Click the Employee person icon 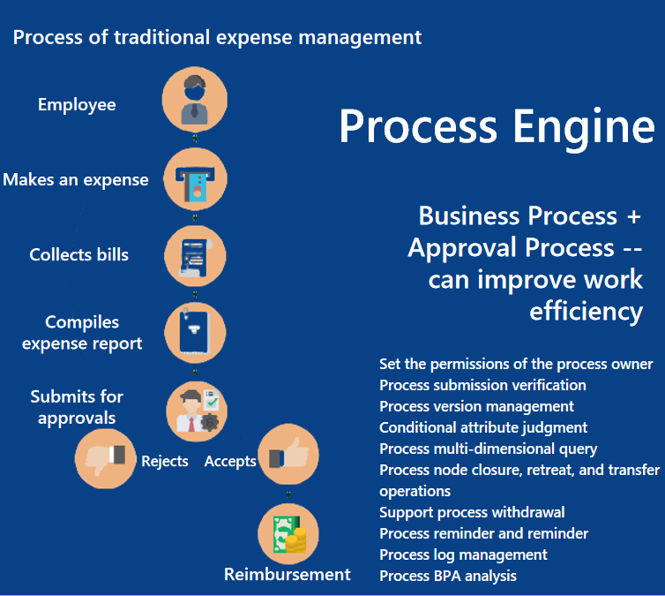pyautogui.click(x=195, y=100)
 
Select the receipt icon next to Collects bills pyautogui.click(x=195, y=256)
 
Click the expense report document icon pyautogui.click(x=195, y=332)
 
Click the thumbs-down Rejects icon pyautogui.click(x=106, y=457)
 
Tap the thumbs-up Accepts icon pyautogui.click(x=287, y=456)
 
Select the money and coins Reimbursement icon pyautogui.click(x=288, y=534)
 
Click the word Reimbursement pyautogui.click(x=288, y=575)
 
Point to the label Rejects pyautogui.click(x=165, y=462)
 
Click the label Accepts pyautogui.click(x=230, y=462)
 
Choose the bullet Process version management pyautogui.click(x=476, y=406)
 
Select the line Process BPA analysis pyautogui.click(x=448, y=576)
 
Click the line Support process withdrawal pyautogui.click(x=472, y=512)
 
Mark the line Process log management pyautogui.click(x=463, y=555)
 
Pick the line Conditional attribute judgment pyautogui.click(x=483, y=427)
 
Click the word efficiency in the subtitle pyautogui.click(x=586, y=312)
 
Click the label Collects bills pyautogui.click(x=78, y=255)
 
